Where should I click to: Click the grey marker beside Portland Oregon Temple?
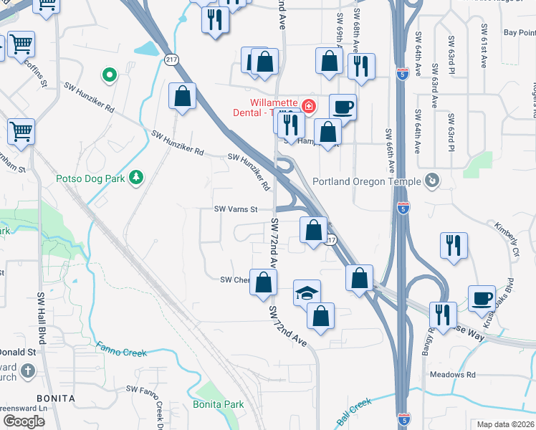click(x=431, y=180)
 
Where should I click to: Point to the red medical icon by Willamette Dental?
click(x=309, y=107)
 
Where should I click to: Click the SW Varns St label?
click(x=236, y=209)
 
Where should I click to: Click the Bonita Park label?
click(x=218, y=404)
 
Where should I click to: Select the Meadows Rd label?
click(x=452, y=374)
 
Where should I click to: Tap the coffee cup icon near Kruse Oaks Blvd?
click(x=482, y=297)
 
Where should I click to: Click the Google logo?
click(x=24, y=421)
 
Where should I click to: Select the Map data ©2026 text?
click(x=505, y=424)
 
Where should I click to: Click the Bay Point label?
click(x=519, y=32)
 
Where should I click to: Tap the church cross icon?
click(x=27, y=371)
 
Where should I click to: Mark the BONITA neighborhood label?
click(x=57, y=397)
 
